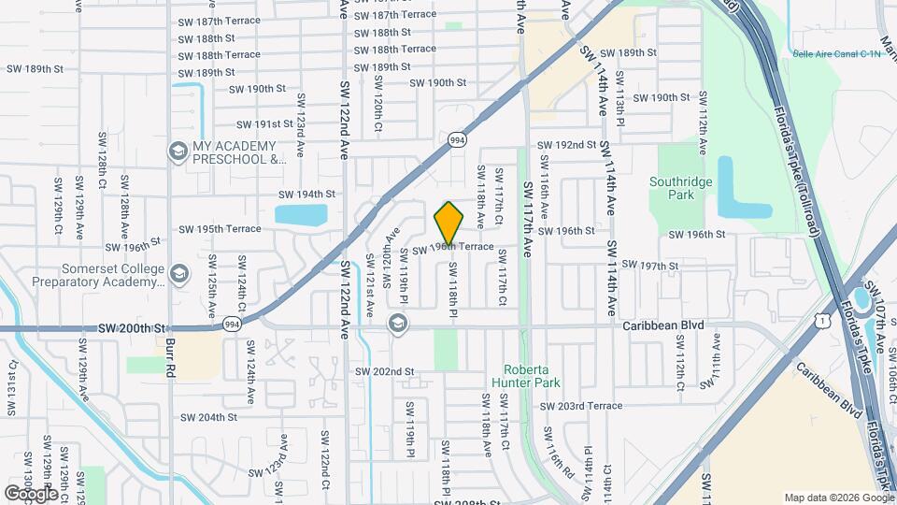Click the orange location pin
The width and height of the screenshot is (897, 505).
click(x=448, y=222)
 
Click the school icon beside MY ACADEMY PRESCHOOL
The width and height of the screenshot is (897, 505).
click(x=178, y=151)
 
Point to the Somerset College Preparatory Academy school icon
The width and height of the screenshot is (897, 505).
click(x=179, y=273)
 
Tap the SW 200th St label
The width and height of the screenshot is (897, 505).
click(x=131, y=329)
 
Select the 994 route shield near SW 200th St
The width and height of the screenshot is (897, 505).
click(x=231, y=325)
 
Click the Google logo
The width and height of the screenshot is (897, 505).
click(x=30, y=493)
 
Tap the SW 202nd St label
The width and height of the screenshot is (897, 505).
click(x=383, y=372)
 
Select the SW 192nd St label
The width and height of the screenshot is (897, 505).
click(x=566, y=145)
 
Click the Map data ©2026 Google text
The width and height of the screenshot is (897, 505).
click(x=838, y=498)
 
